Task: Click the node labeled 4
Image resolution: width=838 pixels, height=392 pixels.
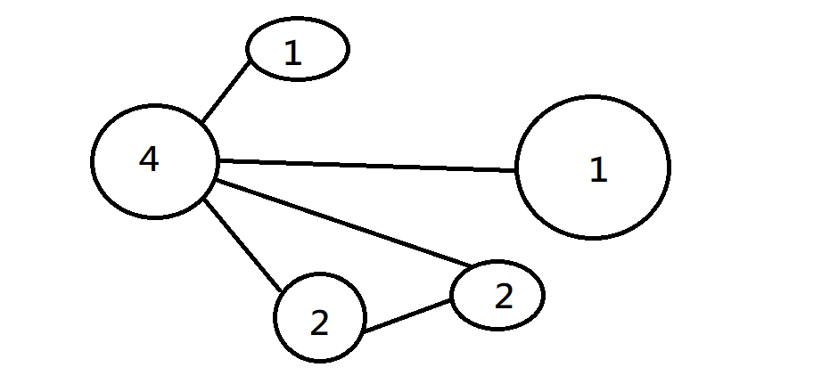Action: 155,161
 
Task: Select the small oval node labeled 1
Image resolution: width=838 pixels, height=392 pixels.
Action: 297,50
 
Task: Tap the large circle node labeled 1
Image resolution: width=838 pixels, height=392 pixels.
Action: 592,167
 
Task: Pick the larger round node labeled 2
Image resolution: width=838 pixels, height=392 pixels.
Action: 319,318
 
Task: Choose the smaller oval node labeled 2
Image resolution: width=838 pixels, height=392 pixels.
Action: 497,295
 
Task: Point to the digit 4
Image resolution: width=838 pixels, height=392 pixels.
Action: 149,159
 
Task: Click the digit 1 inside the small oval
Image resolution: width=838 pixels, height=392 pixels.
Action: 292,53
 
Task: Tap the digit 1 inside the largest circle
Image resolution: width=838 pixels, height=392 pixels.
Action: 598,169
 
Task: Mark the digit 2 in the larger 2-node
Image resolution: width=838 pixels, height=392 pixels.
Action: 319,323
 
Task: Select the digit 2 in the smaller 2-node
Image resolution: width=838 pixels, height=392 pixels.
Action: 504,296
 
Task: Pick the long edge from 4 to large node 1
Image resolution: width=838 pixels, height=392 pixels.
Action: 366,165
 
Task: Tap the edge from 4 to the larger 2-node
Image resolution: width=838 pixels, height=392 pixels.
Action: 243,247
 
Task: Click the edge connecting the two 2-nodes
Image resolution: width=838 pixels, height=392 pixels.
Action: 406,317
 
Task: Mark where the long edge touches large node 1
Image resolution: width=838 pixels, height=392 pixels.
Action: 515,169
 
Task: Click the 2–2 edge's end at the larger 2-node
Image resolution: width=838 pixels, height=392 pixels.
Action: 364,332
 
